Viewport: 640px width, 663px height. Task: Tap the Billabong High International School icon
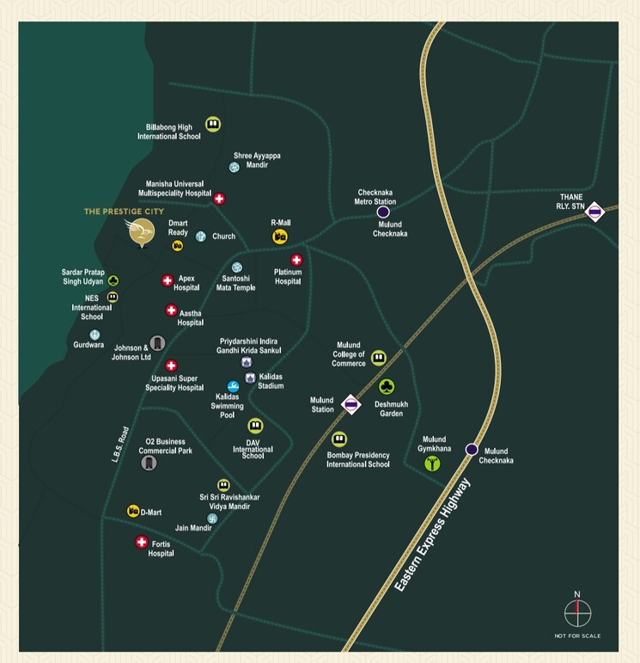(213, 125)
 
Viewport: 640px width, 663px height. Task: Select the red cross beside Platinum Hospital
(296, 260)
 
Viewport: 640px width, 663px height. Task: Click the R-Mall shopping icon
(279, 236)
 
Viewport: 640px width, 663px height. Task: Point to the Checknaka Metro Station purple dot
(383, 211)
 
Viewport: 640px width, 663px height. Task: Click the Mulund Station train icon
(350, 403)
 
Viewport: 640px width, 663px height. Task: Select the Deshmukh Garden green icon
(387, 386)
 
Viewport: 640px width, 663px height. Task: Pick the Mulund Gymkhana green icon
(432, 463)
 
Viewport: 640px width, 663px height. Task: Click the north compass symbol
(577, 612)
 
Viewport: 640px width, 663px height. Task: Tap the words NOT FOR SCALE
(577, 635)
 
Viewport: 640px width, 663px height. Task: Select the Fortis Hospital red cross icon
(142, 542)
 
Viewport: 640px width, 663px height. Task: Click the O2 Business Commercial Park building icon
(149, 463)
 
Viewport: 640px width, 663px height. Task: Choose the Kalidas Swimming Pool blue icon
(233, 387)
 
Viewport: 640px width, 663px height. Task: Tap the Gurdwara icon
(94, 335)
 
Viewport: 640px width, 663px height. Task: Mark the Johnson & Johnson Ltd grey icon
(157, 343)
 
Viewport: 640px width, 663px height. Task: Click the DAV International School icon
(255, 426)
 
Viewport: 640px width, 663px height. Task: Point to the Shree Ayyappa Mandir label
(257, 160)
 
